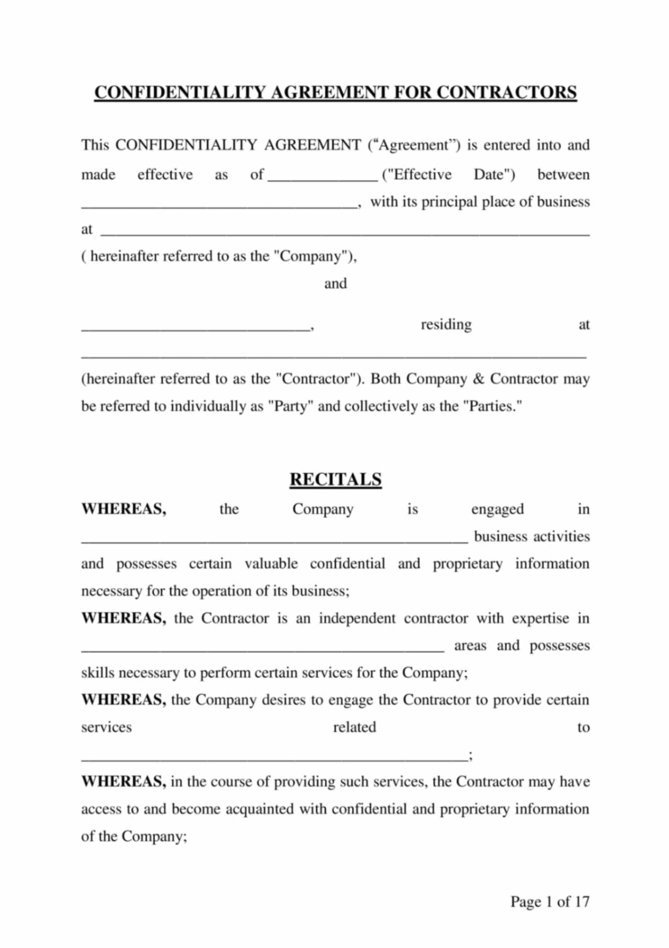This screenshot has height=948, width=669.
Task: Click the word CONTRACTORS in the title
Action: point(506,93)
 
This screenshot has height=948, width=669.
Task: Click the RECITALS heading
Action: point(335,479)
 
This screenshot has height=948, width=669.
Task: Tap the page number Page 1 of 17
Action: point(550,901)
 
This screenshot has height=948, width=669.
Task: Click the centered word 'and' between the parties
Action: point(335,284)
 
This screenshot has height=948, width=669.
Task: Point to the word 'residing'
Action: point(446,325)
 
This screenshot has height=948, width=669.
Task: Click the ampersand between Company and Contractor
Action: point(479,379)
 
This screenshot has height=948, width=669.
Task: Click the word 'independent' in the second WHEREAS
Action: point(357,619)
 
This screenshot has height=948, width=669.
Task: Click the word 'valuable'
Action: point(271,564)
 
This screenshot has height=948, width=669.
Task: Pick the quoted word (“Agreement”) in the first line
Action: point(413,145)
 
